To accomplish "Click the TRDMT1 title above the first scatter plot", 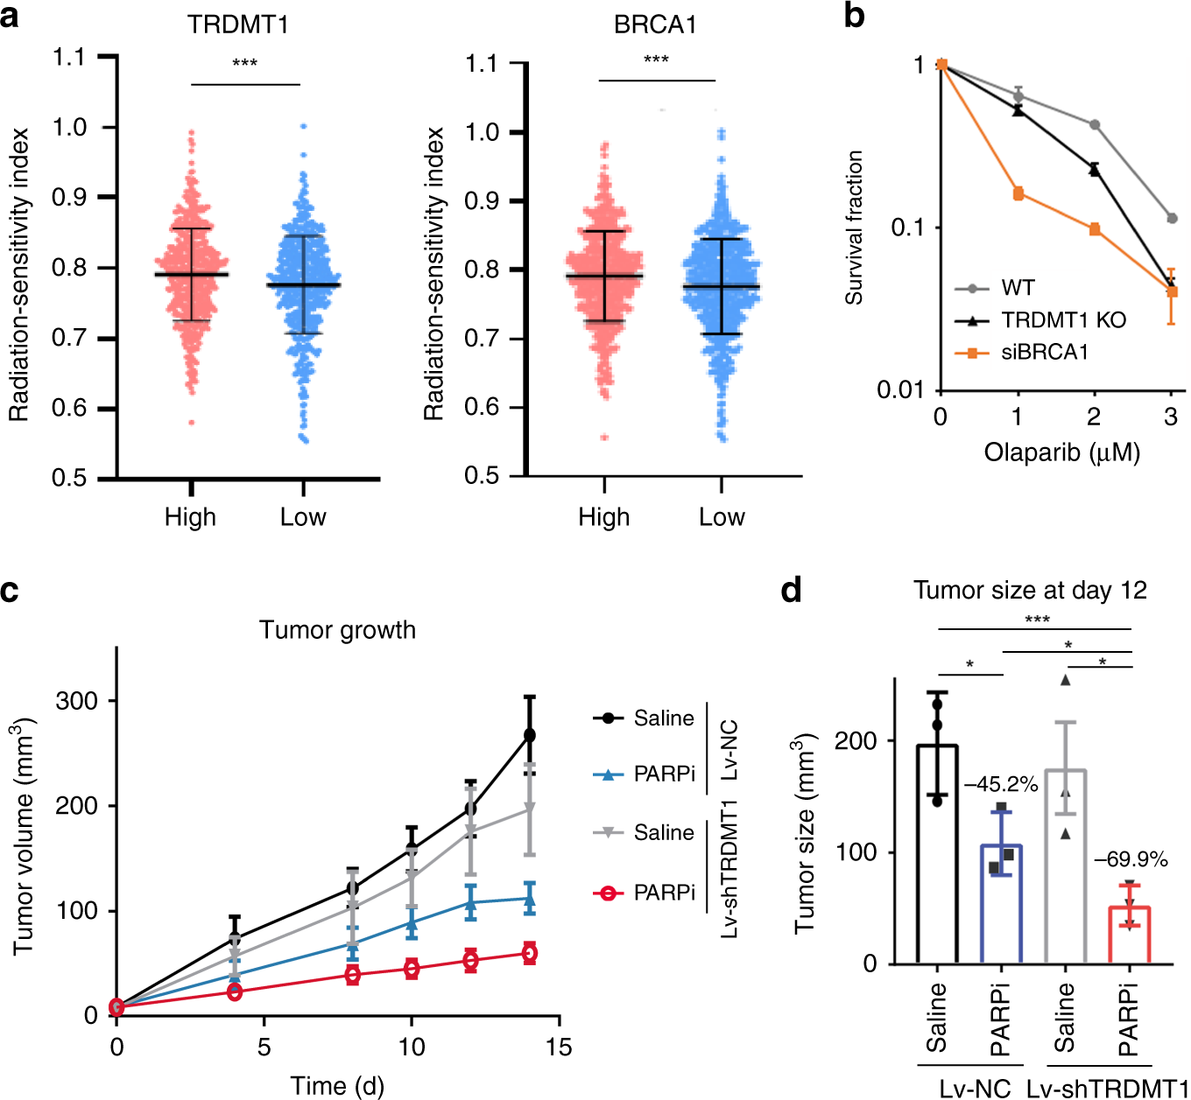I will point(237,24).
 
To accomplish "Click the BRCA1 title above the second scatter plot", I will point(655,24).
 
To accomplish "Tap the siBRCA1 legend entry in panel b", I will point(1044,353).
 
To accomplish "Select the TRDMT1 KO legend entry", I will point(1063,320).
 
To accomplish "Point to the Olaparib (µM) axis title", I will point(1061,452).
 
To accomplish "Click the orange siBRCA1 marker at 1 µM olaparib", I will point(1018,193).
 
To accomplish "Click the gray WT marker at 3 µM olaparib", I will point(1172,218).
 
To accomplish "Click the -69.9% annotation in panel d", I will point(1131,859).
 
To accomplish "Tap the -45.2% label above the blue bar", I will point(1001,784).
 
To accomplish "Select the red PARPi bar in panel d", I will point(1130,935).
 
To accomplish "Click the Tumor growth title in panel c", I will point(337,630).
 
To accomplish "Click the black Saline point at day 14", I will point(529,735).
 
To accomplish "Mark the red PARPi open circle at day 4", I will point(235,991).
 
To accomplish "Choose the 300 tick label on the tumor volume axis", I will point(76,701).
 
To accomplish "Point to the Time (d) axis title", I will point(337,1086).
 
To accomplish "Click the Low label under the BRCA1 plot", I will point(722,517).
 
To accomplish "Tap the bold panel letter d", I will point(791,591).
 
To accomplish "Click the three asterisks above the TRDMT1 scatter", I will point(244,64).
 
